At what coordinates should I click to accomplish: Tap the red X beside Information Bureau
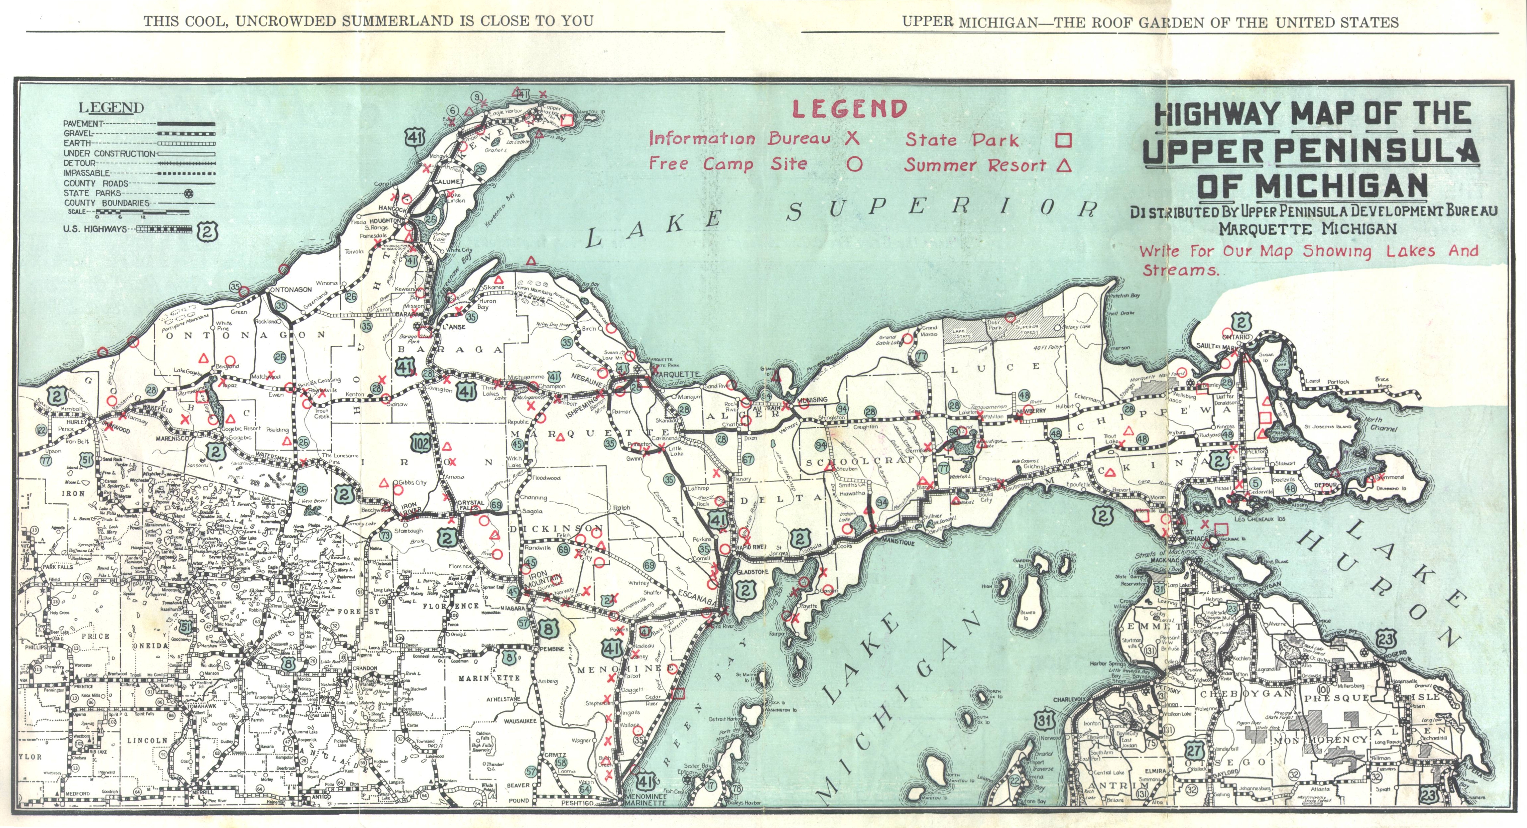tap(852, 138)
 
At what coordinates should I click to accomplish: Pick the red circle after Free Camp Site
tap(854, 164)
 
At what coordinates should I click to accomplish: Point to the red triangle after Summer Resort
tap(1064, 165)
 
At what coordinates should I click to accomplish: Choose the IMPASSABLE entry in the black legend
tap(86, 173)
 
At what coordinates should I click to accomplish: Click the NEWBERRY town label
tap(1033, 410)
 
